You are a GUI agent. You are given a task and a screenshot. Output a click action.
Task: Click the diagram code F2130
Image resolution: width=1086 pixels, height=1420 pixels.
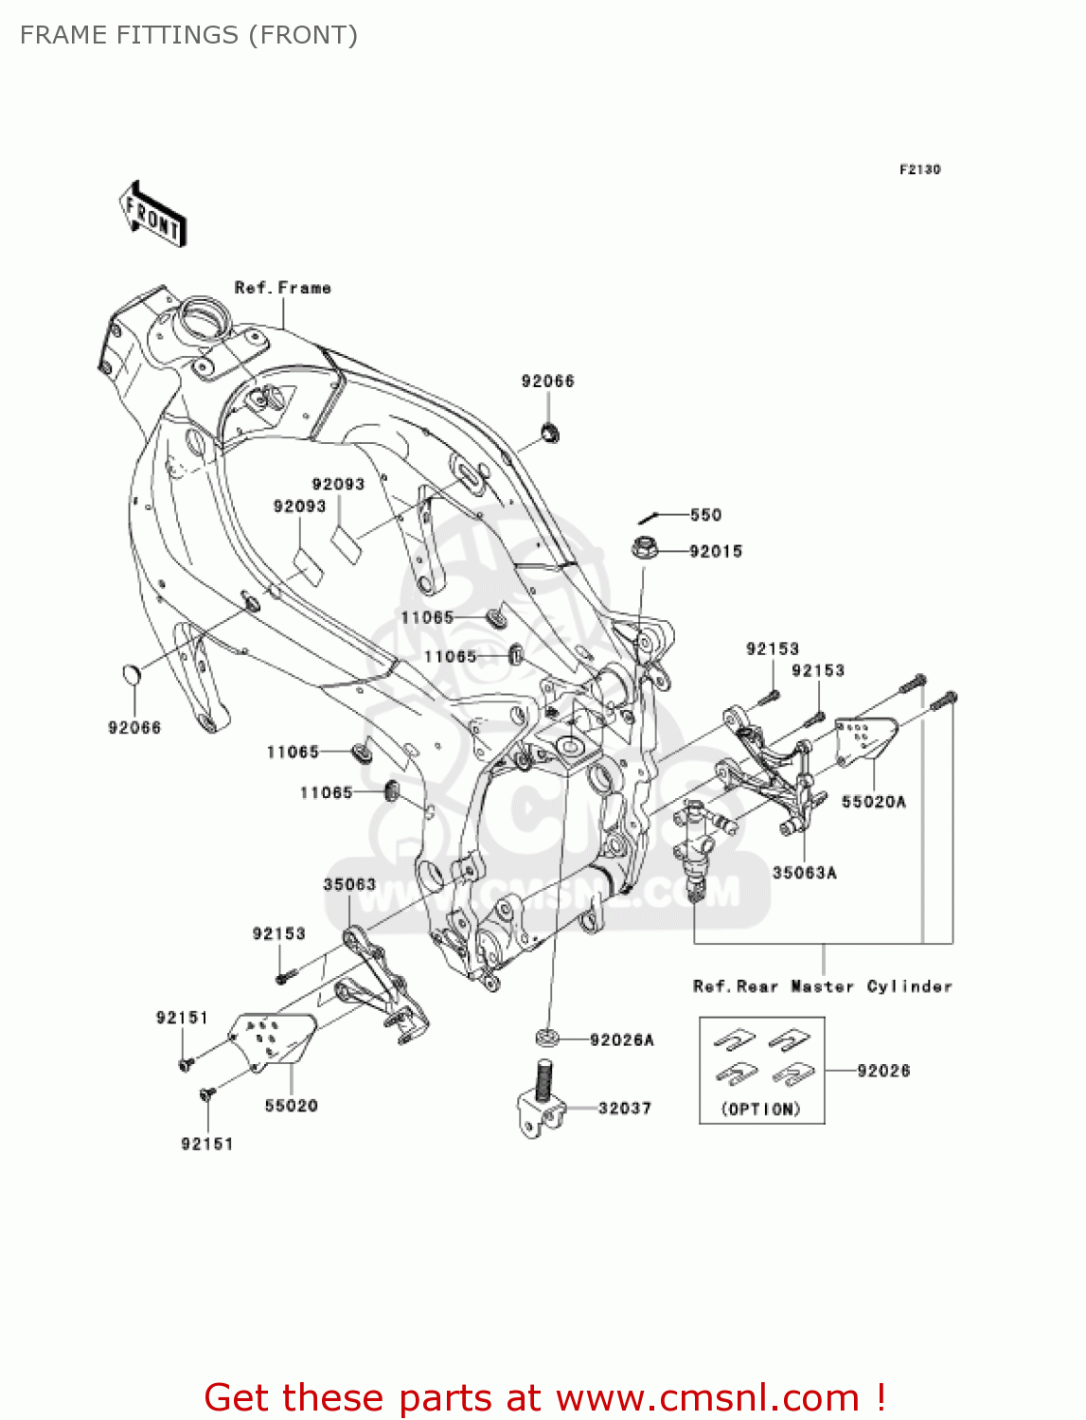(919, 169)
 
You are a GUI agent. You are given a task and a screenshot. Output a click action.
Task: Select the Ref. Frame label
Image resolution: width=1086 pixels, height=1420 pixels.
(282, 288)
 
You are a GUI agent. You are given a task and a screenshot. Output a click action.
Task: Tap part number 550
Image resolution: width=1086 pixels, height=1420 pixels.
(705, 515)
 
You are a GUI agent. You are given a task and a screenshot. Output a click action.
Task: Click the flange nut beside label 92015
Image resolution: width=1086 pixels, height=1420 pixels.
(644, 548)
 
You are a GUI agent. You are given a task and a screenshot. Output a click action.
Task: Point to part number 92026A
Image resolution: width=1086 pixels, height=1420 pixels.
(621, 1039)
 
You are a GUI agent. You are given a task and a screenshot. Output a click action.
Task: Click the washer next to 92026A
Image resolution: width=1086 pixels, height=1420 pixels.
(546, 1038)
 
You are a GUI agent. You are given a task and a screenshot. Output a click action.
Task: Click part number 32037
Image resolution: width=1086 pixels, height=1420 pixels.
(624, 1108)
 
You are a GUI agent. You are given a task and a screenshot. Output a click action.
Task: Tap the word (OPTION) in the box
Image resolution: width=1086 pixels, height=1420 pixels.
(761, 1109)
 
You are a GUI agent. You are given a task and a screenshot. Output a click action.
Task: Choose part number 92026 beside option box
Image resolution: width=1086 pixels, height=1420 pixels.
(883, 1071)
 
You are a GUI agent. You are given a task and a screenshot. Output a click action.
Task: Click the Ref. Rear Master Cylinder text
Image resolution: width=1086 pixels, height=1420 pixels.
(822, 986)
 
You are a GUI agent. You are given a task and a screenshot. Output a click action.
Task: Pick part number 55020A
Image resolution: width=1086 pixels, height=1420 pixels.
(873, 802)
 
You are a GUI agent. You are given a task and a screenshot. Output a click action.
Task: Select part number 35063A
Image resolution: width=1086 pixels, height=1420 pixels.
(804, 873)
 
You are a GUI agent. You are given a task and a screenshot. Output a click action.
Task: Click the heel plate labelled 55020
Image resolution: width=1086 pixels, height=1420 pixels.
(275, 1040)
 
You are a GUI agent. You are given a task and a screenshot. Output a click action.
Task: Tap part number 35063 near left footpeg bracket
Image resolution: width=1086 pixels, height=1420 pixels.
(349, 884)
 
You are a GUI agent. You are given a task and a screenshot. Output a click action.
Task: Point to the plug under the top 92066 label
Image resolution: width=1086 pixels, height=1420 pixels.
(549, 433)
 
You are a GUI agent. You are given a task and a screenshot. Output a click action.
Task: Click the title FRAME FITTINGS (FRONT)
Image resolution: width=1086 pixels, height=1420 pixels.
(188, 35)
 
